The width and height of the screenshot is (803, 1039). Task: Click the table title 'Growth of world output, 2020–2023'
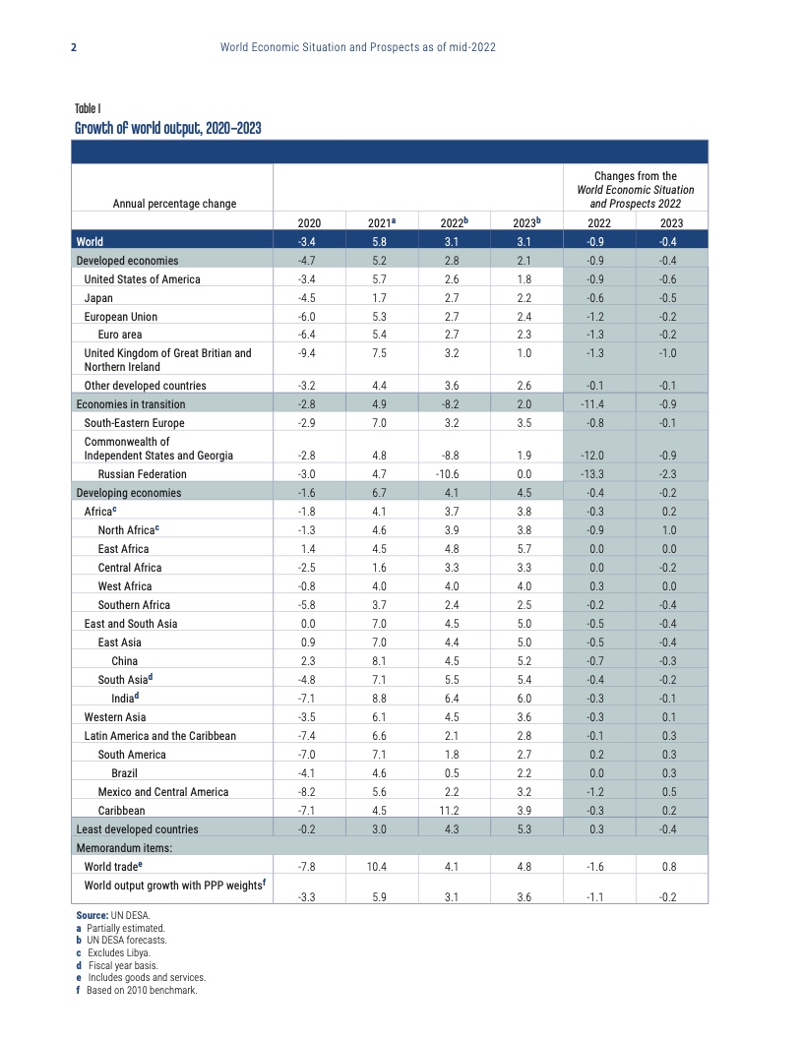click(x=167, y=128)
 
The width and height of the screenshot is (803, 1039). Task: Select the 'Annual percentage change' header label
click(x=174, y=204)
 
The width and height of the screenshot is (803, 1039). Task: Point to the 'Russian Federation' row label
click(x=142, y=474)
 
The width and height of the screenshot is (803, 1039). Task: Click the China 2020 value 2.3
click(x=309, y=661)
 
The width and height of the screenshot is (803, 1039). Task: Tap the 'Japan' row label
click(x=98, y=298)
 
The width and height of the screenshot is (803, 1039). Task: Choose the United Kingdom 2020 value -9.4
click(x=309, y=353)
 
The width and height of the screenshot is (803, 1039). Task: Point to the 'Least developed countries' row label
click(x=137, y=829)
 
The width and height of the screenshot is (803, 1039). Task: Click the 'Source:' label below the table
click(x=92, y=916)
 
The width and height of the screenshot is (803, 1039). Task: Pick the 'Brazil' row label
click(x=124, y=773)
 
